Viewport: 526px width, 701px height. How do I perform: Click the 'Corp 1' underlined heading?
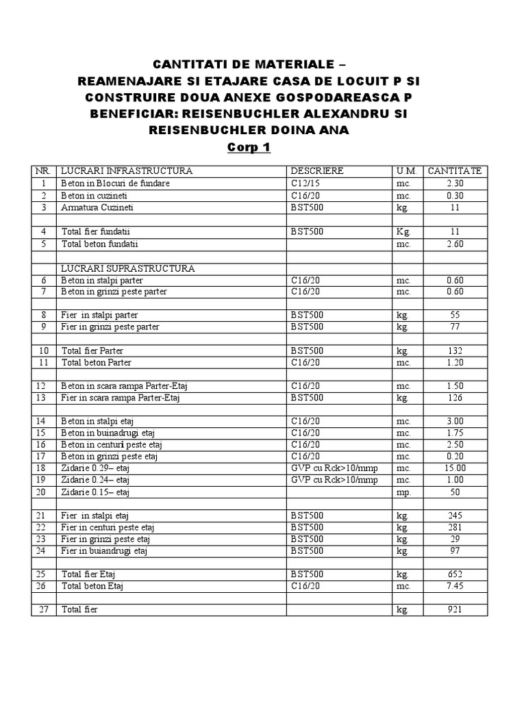(x=249, y=147)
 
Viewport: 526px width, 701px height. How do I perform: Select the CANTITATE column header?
(x=455, y=170)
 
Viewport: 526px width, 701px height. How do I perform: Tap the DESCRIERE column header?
(x=316, y=170)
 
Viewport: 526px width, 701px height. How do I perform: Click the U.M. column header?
(x=406, y=170)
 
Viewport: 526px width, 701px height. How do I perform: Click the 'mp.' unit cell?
(x=403, y=492)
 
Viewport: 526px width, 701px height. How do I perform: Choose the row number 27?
(x=43, y=609)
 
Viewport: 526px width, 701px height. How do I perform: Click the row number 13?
(x=43, y=398)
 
